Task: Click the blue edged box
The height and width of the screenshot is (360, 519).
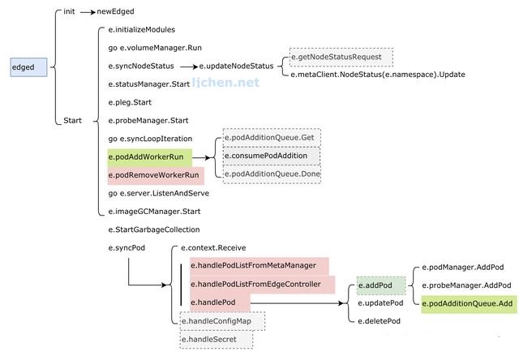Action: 29,67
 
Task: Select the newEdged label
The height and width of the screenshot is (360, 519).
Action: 115,11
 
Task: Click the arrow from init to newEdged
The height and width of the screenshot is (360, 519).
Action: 88,12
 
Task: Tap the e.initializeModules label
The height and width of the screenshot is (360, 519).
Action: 142,30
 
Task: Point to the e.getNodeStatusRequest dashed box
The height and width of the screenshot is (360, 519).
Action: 341,57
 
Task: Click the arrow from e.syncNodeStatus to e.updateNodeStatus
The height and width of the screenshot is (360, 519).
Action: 189,66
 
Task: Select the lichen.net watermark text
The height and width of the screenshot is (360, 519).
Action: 225,83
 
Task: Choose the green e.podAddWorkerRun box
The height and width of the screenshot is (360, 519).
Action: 149,157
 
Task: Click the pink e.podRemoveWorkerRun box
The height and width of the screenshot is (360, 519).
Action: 156,175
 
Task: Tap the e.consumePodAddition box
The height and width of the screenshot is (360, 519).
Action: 272,156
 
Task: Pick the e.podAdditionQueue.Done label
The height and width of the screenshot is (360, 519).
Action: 272,174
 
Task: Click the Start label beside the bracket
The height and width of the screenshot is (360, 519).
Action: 72,121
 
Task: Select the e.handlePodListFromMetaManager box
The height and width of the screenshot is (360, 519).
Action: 259,266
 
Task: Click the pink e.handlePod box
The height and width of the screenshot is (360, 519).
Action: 220,302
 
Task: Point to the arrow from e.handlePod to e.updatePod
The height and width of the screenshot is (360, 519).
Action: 297,303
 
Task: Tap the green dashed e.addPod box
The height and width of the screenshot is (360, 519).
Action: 381,285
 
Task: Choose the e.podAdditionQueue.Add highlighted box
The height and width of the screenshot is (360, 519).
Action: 469,304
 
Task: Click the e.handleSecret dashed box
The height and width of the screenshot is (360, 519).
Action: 217,339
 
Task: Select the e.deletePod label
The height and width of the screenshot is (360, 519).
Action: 380,321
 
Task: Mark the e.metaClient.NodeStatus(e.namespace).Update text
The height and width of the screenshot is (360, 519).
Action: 378,75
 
